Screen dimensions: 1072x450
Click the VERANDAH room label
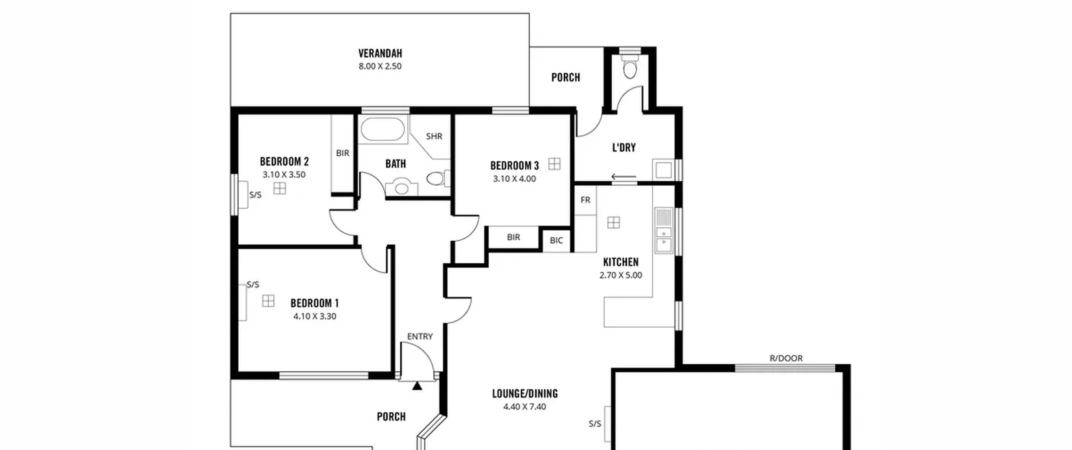380,53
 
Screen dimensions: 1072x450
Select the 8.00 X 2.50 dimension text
380,66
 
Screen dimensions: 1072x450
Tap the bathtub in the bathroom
383,129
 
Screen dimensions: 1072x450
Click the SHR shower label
434,136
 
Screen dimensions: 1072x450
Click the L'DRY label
624,147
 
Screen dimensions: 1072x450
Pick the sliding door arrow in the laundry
624,177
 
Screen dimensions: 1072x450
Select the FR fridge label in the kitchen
585,200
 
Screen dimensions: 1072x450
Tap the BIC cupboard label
557,240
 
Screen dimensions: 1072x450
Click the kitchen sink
664,231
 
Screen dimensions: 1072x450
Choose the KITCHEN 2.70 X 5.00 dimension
621,275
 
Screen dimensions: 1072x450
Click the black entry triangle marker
417,386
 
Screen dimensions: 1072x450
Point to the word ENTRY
420,337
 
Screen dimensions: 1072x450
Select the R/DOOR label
786,358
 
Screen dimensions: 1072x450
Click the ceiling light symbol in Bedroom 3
554,164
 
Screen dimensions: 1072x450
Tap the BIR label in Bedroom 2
343,153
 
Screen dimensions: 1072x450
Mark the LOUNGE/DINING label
525,393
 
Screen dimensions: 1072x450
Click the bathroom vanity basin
402,187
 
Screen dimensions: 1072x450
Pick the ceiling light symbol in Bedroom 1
268,301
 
